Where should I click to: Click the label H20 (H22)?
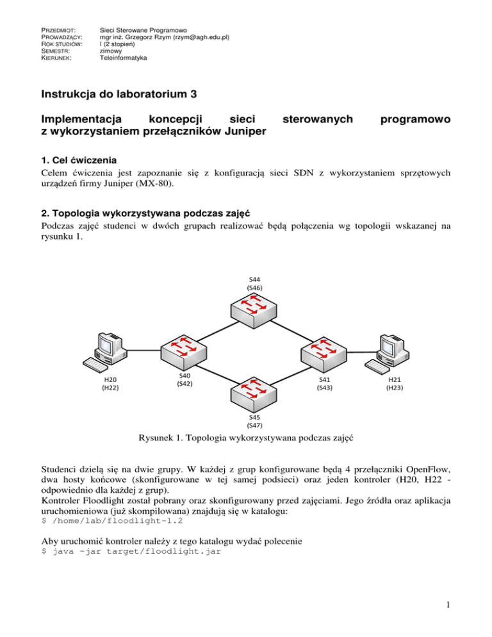coord(109,383)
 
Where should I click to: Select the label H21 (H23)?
coord(395,383)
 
